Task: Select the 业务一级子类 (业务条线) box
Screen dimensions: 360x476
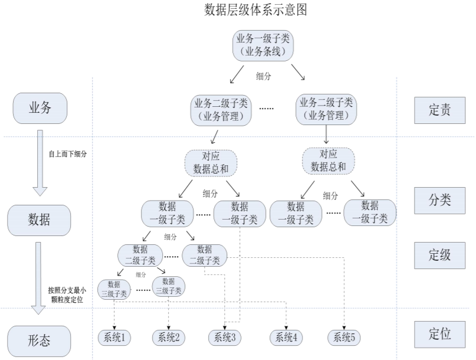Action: tap(263, 45)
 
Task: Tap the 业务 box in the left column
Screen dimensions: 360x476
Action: tap(40, 108)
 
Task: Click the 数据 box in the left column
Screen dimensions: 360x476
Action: tap(39, 220)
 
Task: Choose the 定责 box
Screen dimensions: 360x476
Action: tap(439, 109)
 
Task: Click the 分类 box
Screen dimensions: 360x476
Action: tap(439, 199)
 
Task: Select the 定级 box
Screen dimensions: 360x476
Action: tap(439, 254)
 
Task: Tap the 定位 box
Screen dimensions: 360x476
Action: tap(439, 334)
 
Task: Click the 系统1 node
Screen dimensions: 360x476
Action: tap(114, 338)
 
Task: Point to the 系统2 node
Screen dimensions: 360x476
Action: tap(169, 338)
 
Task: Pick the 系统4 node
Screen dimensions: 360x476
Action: tap(286, 338)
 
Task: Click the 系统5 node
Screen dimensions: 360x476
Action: tap(344, 338)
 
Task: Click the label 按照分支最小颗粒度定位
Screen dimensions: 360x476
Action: tap(67, 294)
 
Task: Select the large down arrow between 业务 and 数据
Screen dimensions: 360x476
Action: tap(40, 162)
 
